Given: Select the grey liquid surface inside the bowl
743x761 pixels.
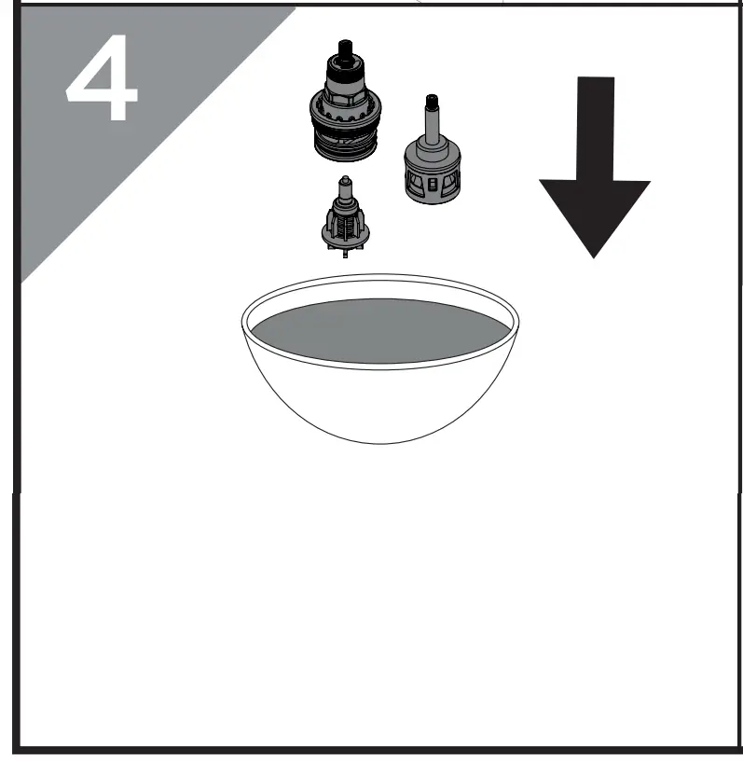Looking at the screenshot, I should [x=380, y=332].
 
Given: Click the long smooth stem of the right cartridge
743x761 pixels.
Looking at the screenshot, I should [x=432, y=125].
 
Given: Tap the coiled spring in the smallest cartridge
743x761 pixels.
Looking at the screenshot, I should [x=345, y=225].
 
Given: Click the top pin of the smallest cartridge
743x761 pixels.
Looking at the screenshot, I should [x=346, y=181].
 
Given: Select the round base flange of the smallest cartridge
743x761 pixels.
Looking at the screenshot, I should [x=345, y=241].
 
